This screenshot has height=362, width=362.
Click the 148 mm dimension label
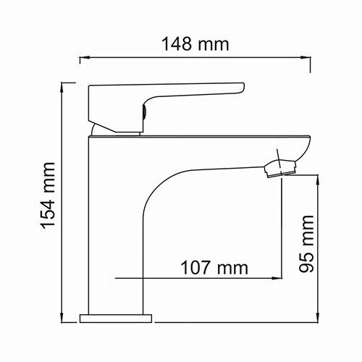coord(194,43)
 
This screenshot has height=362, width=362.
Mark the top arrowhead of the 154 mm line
coord(66,85)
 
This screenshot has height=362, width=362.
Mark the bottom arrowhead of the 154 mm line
coord(66,316)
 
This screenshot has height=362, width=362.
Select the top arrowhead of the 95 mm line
coord(319,175)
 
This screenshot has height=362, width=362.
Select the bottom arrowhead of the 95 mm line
coord(319,316)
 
